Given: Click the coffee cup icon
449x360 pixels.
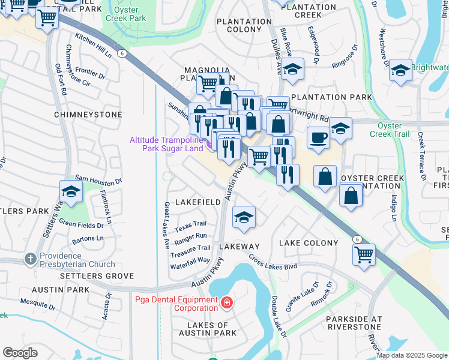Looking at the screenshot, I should click(318, 137).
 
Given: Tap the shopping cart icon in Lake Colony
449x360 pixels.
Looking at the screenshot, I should click(364, 256).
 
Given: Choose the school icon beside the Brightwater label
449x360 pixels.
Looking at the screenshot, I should click(400, 71).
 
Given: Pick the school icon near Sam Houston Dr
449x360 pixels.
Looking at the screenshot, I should click(71, 192).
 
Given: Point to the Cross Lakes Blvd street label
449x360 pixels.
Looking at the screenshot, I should click(274, 262).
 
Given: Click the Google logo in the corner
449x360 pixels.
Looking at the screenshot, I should click(20, 353).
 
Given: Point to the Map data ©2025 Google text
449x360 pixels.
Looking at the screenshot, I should click(411, 355).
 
